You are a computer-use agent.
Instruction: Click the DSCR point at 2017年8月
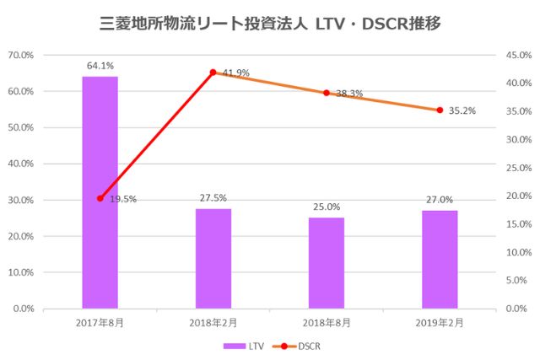[x=100, y=198]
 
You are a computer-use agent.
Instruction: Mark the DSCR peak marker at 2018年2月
[x=213, y=73]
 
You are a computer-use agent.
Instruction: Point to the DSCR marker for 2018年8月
[x=327, y=93]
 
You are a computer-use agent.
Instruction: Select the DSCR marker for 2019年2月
[x=440, y=110]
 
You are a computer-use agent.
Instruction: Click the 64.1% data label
[x=100, y=65]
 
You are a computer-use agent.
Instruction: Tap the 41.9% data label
[x=236, y=73]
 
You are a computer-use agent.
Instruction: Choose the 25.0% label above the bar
[x=327, y=207]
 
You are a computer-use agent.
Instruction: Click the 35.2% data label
[x=462, y=110]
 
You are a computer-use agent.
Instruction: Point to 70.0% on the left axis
[x=20, y=55]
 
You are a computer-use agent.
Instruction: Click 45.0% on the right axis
[x=517, y=55]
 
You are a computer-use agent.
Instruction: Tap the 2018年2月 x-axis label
[x=213, y=323]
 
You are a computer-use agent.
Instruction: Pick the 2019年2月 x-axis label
[x=440, y=323]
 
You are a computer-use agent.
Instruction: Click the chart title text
[x=270, y=21]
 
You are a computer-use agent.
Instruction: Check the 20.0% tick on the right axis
[x=517, y=196]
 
